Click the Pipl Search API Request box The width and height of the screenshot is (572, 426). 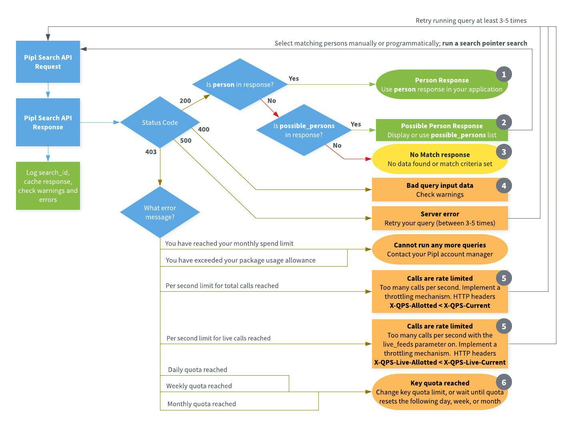pos(48,62)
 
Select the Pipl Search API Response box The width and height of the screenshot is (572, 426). pos(48,122)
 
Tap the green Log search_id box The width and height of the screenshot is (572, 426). pos(48,186)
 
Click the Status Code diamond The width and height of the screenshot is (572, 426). pos(160,122)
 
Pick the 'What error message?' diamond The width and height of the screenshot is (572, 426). pos(160,212)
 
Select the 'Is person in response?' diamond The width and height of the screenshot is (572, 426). pos(240,84)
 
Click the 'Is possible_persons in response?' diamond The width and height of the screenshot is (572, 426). pos(304,130)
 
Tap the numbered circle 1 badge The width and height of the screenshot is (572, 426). pos(504,74)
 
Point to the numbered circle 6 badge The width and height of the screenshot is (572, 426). pos(504,382)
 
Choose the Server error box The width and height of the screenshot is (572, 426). pos(440,218)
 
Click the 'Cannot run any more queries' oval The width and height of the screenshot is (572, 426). pos(440,249)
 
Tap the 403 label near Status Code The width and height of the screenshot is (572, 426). pos(151,152)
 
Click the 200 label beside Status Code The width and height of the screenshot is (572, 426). pos(185,101)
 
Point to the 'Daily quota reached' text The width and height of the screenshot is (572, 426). pos(198,370)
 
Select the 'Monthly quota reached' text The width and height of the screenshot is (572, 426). pos(202,404)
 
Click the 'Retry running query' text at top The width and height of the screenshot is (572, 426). pos(471,20)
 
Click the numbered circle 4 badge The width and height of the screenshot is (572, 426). pos(504,185)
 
